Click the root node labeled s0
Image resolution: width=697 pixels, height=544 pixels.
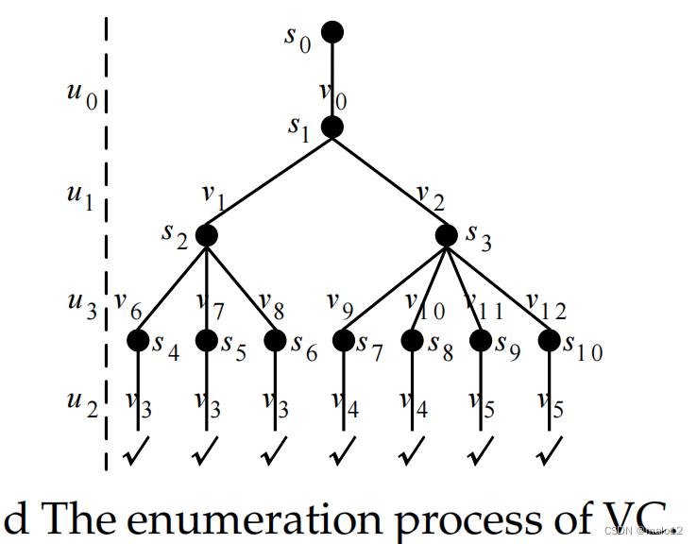coord(331,32)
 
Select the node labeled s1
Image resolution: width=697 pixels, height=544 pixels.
coord(331,127)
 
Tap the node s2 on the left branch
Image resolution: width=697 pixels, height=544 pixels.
coord(206,235)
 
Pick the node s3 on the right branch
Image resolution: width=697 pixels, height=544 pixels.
coord(447,235)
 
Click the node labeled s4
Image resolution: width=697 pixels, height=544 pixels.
coord(139,339)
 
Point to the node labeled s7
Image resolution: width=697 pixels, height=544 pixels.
coord(343,339)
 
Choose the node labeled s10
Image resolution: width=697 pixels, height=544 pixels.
coord(550,339)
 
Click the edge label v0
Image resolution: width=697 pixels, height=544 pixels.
coord(331,94)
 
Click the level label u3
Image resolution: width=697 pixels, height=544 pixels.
coord(82,305)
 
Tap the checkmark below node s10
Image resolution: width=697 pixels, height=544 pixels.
coord(547,456)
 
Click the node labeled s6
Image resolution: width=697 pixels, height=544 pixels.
coord(275,339)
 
